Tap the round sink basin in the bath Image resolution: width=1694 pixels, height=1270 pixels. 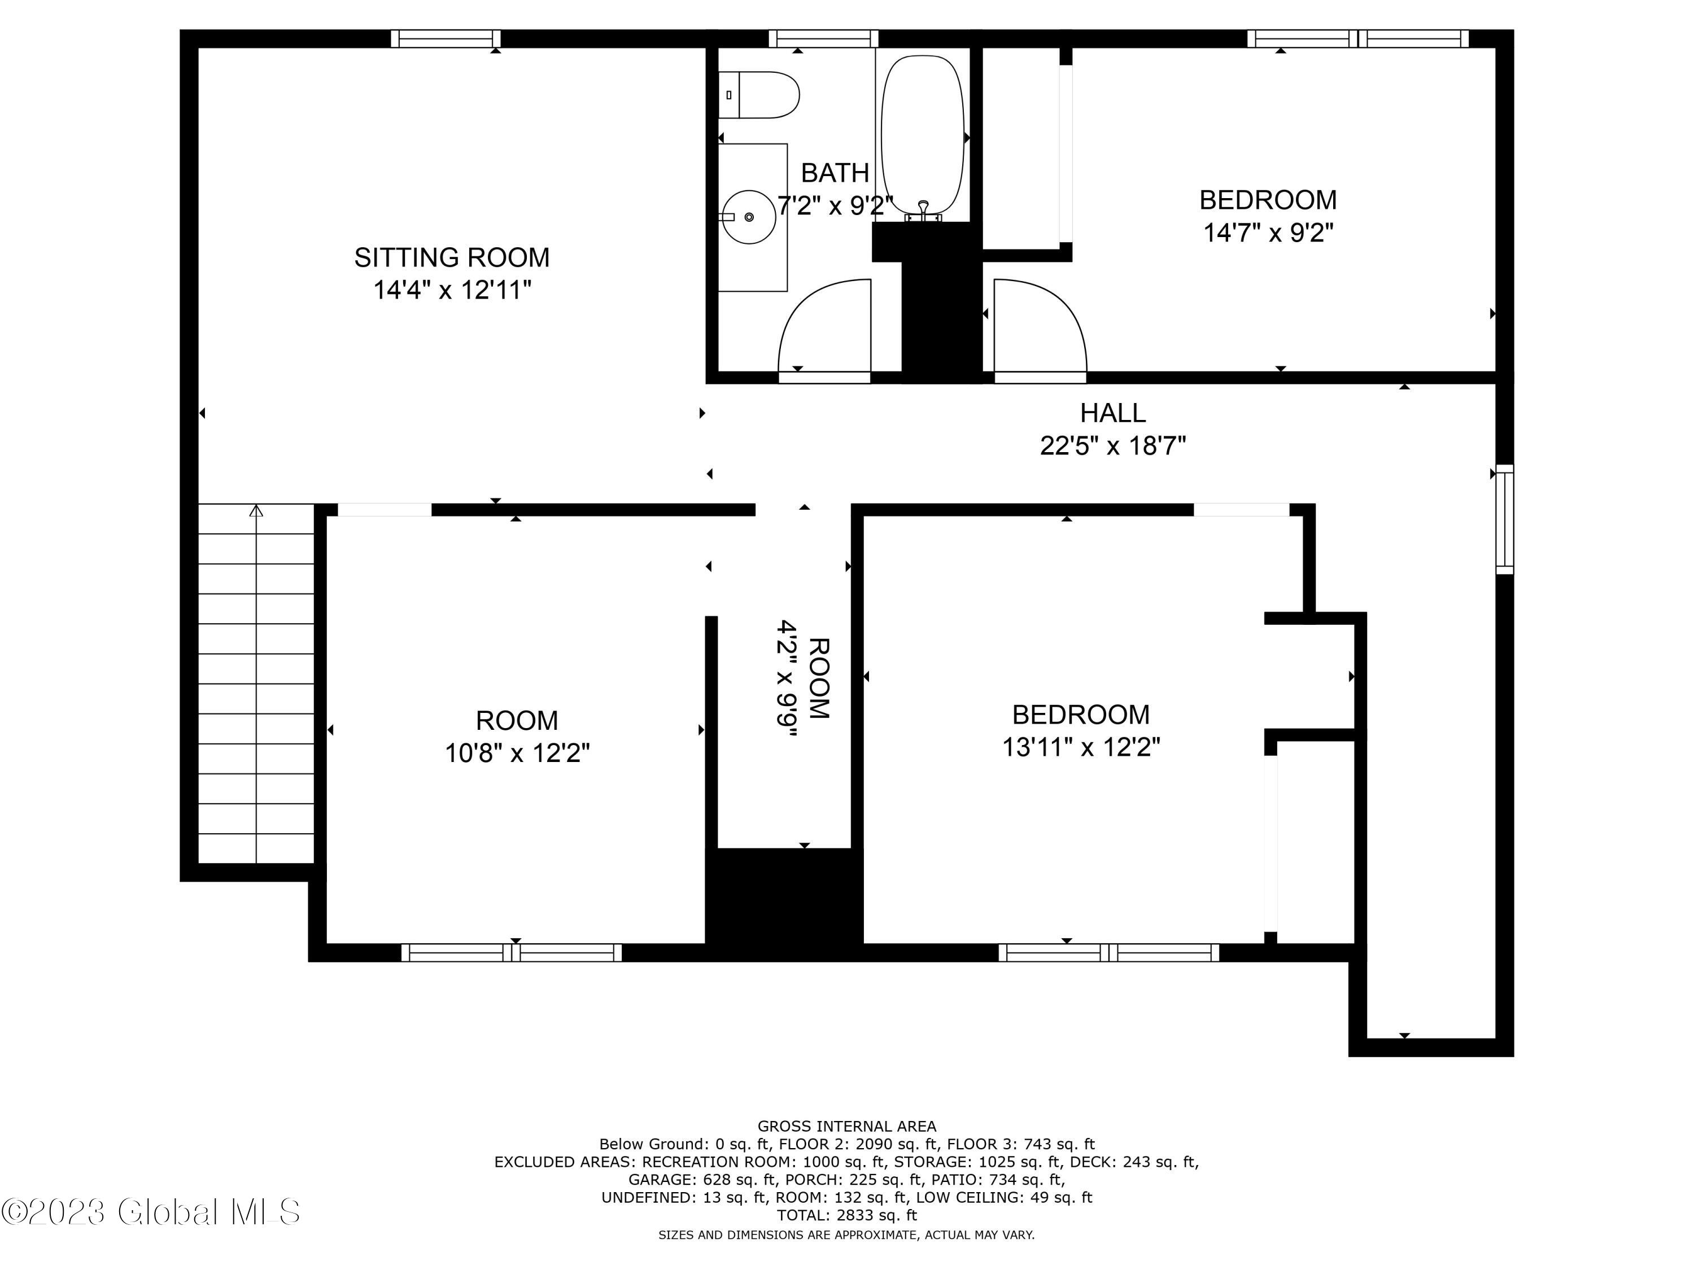[x=749, y=217]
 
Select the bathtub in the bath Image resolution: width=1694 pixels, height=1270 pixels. [x=923, y=134]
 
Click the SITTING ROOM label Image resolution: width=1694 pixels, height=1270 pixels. [x=452, y=257]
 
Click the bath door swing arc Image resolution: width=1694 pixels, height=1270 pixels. [x=823, y=325]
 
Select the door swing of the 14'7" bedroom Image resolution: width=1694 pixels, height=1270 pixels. [x=1040, y=325]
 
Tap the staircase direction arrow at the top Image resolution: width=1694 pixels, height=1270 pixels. [x=256, y=511]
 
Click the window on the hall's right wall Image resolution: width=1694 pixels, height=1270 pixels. [x=1505, y=519]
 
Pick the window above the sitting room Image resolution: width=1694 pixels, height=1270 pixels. [x=446, y=38]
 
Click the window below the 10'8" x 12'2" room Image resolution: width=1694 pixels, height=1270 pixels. [x=512, y=952]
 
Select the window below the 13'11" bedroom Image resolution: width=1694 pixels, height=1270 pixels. [x=1108, y=952]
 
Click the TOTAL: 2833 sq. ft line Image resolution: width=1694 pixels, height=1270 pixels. [x=846, y=1215]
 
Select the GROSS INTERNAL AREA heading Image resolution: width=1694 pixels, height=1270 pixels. [x=846, y=1126]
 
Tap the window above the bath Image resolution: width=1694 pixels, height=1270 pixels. [x=823, y=38]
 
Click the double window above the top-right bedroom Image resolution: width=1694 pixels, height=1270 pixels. [x=1358, y=38]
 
